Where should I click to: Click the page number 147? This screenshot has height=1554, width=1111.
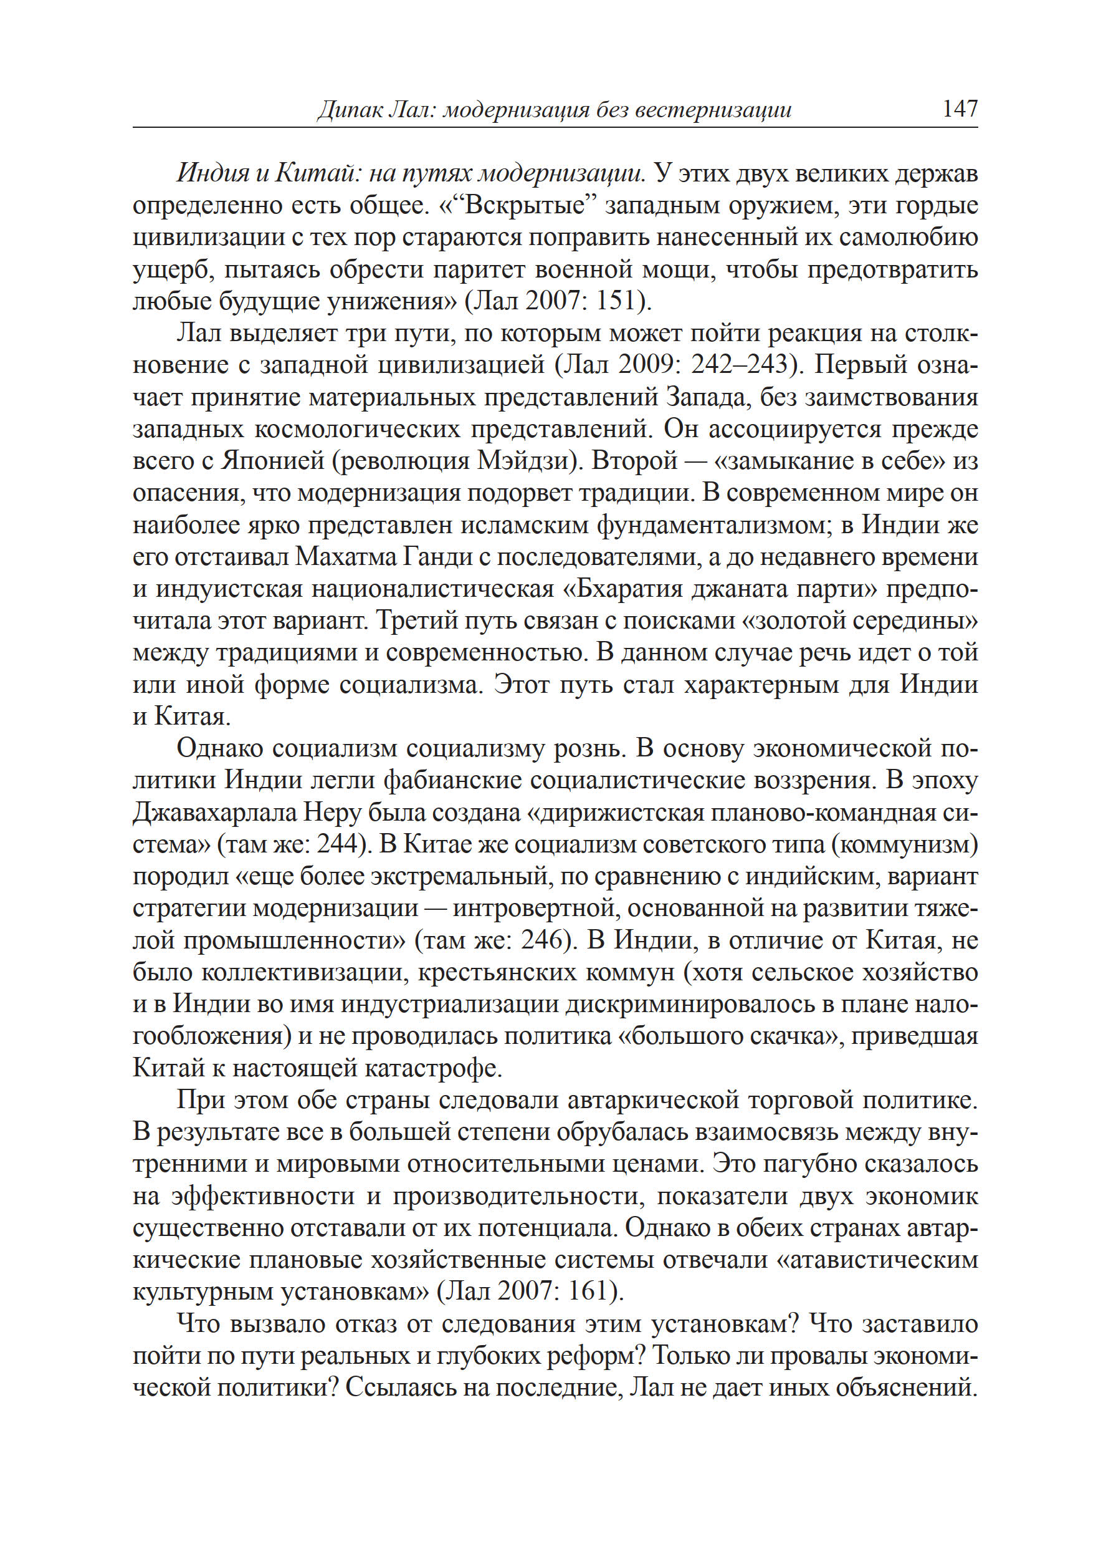(x=960, y=108)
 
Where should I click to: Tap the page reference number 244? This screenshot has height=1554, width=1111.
(x=338, y=844)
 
